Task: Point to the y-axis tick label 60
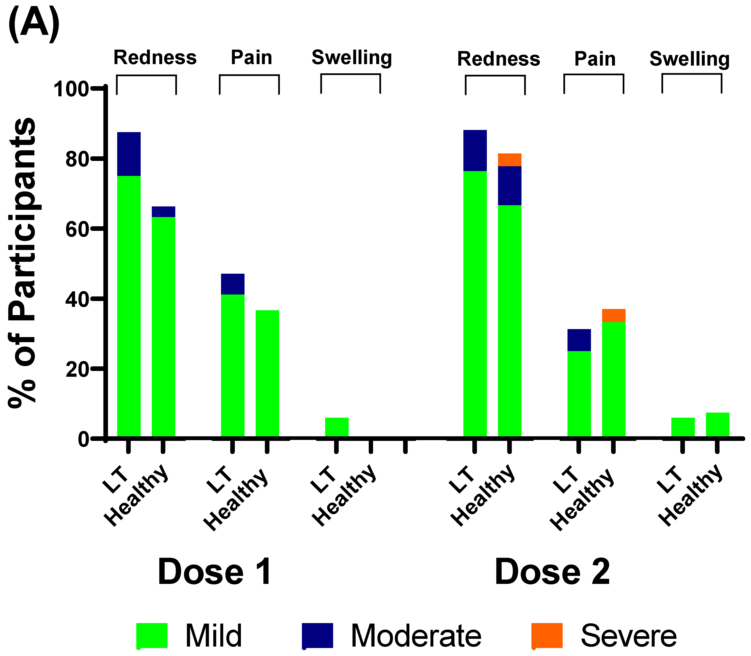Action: pyautogui.click(x=77, y=229)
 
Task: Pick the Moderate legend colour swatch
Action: pyautogui.click(x=317, y=635)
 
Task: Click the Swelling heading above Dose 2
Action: pyautogui.click(x=690, y=59)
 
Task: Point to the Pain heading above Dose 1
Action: pyautogui.click(x=251, y=58)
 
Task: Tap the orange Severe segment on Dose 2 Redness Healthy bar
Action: pyautogui.click(x=509, y=160)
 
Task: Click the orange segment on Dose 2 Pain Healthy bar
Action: pyautogui.click(x=614, y=315)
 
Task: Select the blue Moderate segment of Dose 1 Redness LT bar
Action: pyautogui.click(x=129, y=154)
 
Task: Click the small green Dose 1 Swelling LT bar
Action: pyautogui.click(x=337, y=427)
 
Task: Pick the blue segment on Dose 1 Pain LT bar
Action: pyautogui.click(x=232, y=284)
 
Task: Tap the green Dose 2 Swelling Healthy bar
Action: pyautogui.click(x=717, y=425)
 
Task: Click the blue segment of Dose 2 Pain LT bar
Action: pyautogui.click(x=579, y=340)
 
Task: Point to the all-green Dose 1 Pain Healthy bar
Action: pyautogui.click(x=267, y=373)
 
